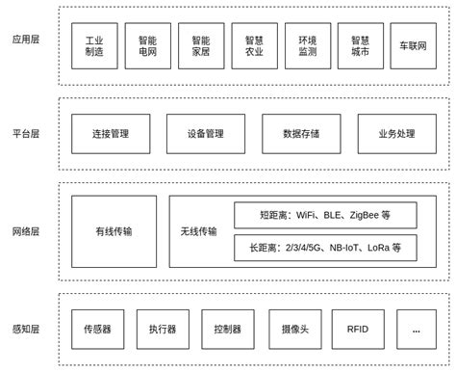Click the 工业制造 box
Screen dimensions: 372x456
click(x=94, y=46)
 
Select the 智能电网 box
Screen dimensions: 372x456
click(x=147, y=46)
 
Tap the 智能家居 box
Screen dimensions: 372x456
click(x=201, y=46)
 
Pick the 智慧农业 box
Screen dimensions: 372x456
click(x=254, y=46)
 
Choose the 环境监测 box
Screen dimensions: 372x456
click(x=307, y=46)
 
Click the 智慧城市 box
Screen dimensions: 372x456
click(x=360, y=46)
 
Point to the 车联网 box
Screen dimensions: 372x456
click(x=413, y=46)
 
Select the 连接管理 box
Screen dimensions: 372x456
click(x=111, y=134)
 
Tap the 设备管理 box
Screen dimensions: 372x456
click(x=206, y=134)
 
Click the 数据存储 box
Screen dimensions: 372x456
click(x=301, y=134)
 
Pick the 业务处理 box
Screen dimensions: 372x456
click(x=396, y=134)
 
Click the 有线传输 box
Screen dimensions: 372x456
click(x=114, y=231)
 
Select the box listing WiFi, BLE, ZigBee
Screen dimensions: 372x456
click(x=325, y=215)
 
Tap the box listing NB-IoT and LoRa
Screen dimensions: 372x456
click(x=325, y=248)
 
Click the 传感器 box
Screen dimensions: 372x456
click(x=97, y=329)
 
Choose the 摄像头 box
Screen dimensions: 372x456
click(x=295, y=329)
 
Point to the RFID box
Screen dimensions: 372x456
click(x=358, y=329)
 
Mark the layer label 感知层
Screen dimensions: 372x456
click(x=26, y=330)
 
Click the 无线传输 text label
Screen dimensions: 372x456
click(x=199, y=231)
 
